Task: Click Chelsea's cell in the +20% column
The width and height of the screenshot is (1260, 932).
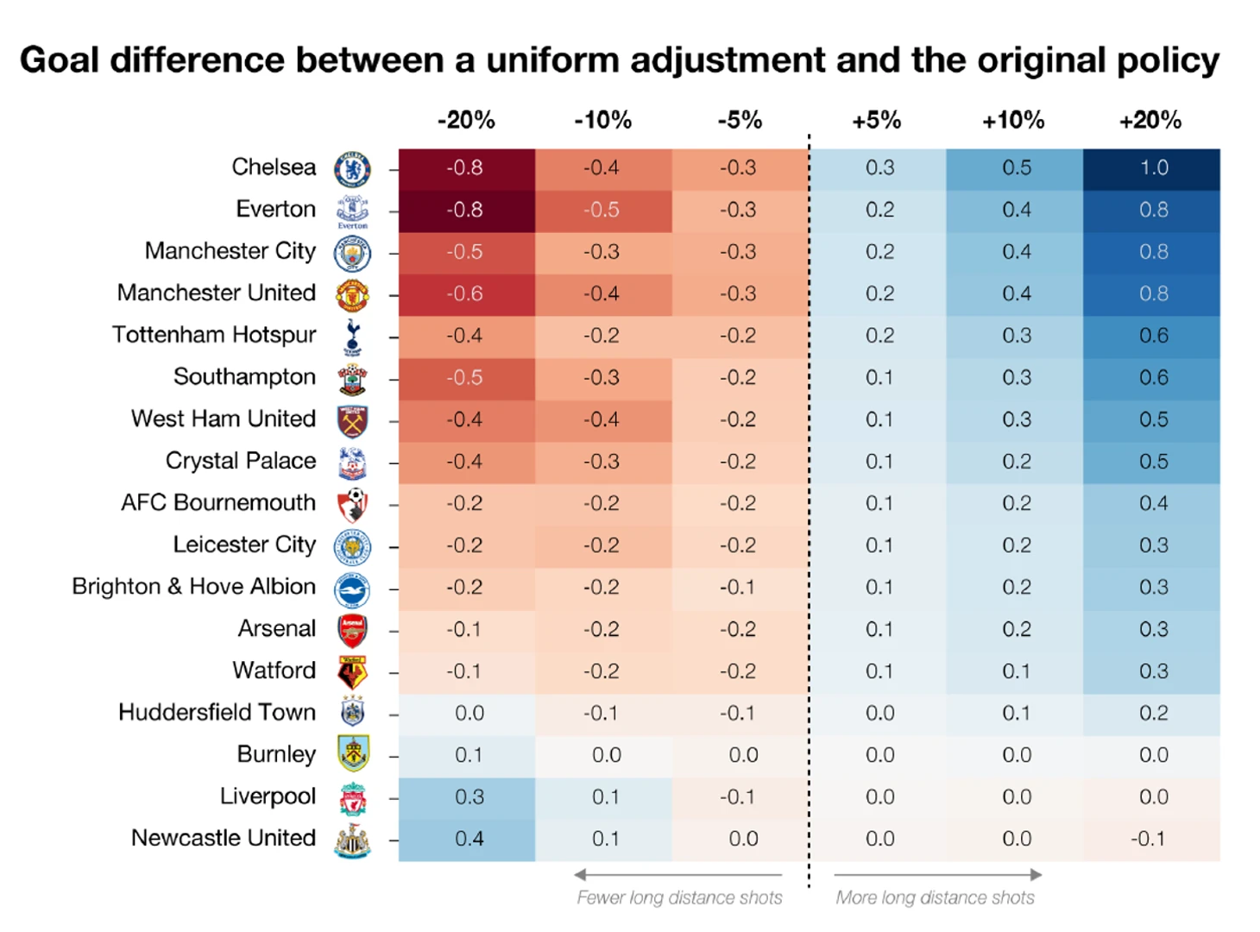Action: [1153, 167]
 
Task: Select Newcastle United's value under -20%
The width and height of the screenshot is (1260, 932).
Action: [468, 839]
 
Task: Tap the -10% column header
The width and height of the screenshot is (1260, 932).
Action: [602, 120]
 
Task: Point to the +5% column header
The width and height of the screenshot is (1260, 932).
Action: [876, 120]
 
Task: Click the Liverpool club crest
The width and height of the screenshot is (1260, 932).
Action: [352, 799]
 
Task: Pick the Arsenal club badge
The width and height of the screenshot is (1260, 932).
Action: [352, 631]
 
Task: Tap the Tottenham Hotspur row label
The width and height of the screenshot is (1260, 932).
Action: [214, 335]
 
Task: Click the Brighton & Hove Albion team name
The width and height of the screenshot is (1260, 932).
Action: [193, 587]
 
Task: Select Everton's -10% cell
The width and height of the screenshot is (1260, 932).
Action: [602, 210]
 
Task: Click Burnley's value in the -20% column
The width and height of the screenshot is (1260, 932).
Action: [468, 755]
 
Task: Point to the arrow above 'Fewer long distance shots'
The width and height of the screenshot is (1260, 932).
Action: [678, 874]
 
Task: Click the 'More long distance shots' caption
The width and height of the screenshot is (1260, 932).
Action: [935, 897]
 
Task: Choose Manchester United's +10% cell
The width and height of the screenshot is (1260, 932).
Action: [1015, 293]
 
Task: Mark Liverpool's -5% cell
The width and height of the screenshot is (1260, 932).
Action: [739, 797]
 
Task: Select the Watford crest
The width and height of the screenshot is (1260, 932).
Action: [352, 672]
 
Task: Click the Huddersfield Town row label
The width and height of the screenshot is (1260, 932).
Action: [217, 713]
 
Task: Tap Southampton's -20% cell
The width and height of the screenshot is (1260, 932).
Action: [466, 378]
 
